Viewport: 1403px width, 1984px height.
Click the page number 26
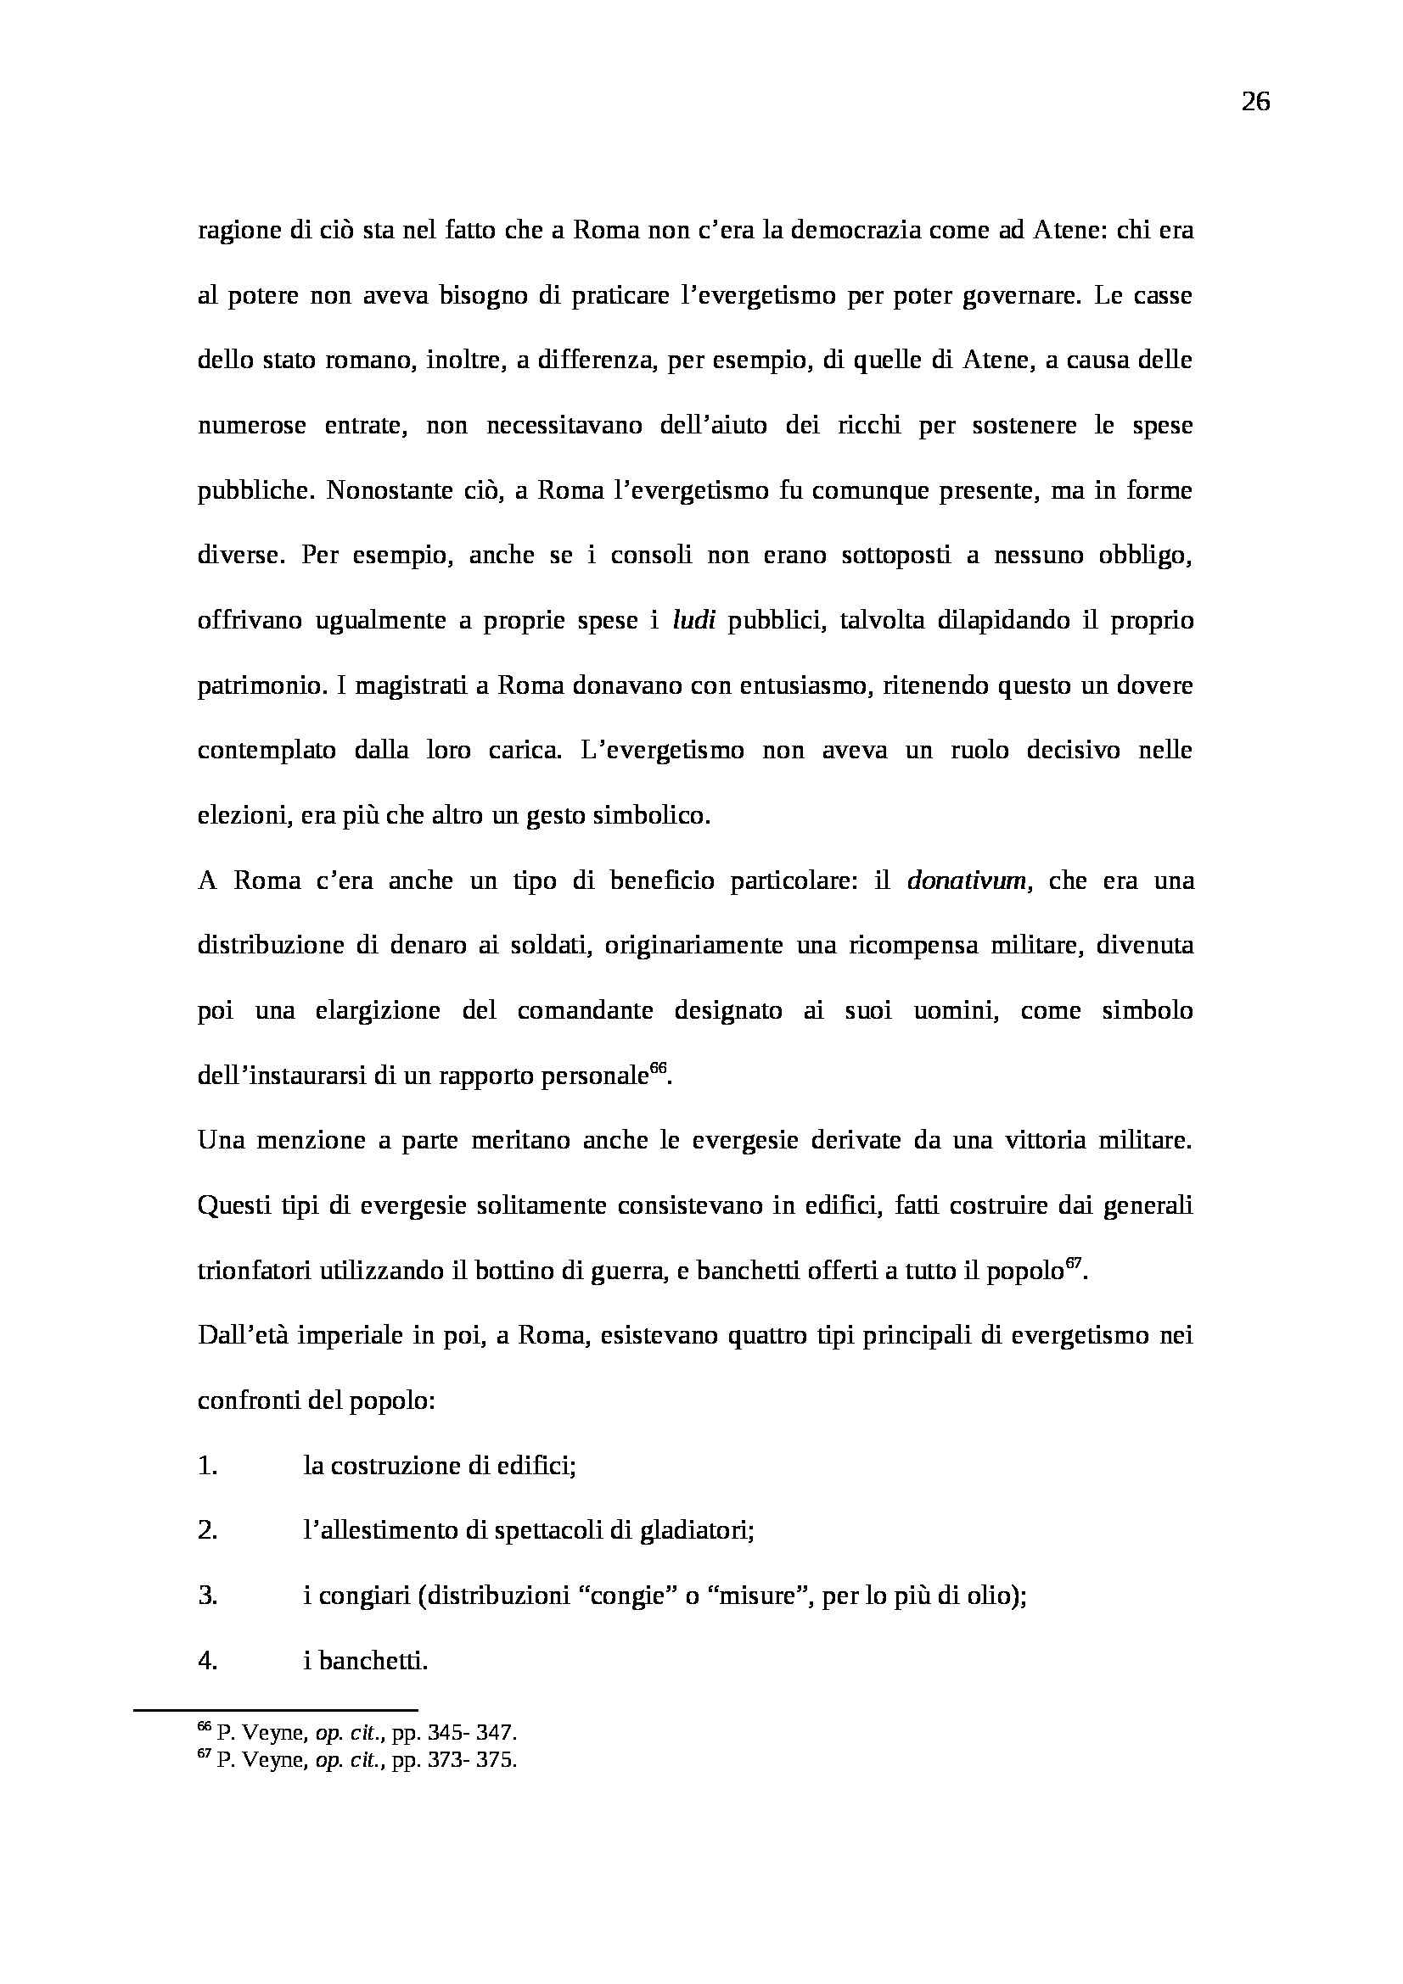(x=1255, y=102)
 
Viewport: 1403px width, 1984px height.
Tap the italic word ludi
(x=693, y=620)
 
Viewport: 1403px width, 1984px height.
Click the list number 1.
(x=206, y=1466)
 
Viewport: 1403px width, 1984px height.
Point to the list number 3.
(x=206, y=1596)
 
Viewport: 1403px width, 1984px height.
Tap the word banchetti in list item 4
(x=372, y=1660)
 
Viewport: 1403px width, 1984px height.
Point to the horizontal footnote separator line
(x=275, y=1708)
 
